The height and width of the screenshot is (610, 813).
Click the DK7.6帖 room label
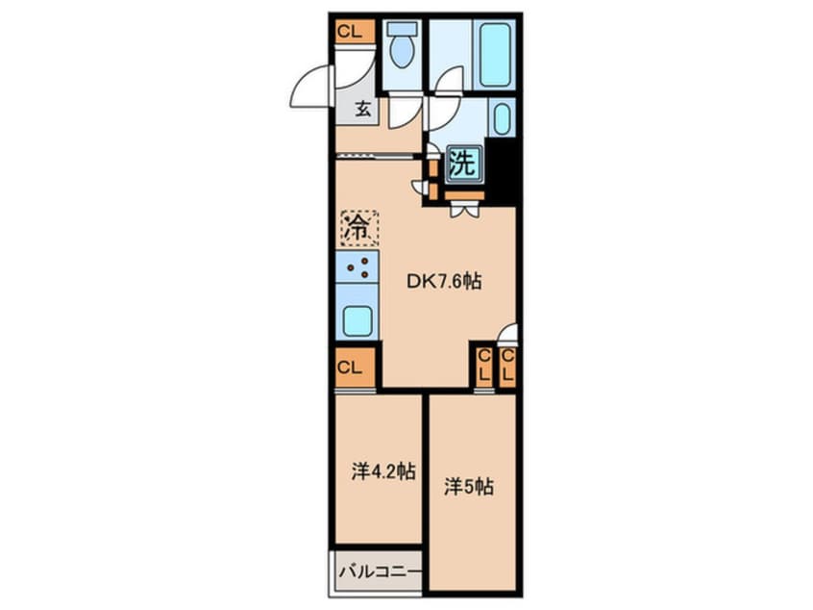[444, 281]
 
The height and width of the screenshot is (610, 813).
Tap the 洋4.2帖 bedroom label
[383, 471]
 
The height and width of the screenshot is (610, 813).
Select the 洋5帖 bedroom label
[469, 487]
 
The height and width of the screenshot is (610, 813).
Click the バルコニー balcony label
[380, 572]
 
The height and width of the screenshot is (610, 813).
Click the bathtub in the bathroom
[495, 54]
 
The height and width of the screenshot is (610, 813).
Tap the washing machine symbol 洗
[463, 164]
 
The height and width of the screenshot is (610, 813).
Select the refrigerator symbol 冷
[358, 228]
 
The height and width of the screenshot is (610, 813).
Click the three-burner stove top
[357, 267]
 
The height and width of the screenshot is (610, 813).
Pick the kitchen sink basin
[357, 321]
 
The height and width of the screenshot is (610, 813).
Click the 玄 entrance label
[362, 110]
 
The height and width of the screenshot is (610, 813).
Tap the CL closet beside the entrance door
[355, 32]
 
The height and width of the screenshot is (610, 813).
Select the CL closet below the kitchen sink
[356, 368]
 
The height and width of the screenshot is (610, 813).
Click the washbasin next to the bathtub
[502, 119]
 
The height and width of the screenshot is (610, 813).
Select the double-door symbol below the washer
[463, 209]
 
